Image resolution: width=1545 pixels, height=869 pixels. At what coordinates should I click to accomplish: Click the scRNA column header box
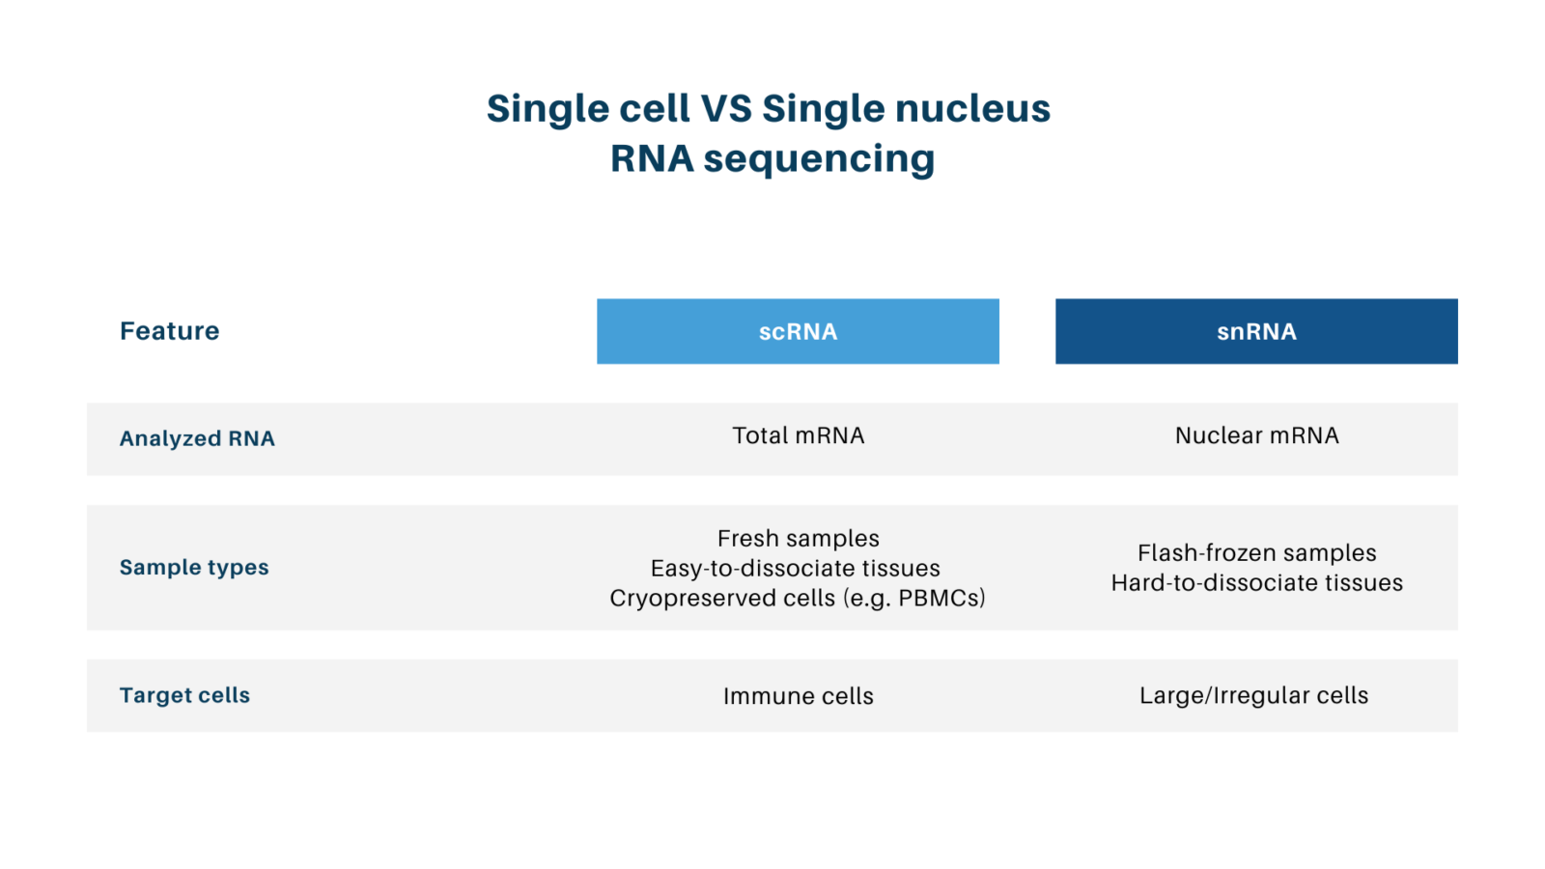(x=798, y=331)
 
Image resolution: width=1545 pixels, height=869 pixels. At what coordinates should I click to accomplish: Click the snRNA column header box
(x=1256, y=331)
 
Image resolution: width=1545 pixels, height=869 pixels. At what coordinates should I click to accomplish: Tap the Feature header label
(x=170, y=331)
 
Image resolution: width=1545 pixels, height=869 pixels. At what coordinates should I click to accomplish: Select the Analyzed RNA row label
(x=197, y=438)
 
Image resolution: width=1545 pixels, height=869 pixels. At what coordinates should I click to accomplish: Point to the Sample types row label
(x=194, y=567)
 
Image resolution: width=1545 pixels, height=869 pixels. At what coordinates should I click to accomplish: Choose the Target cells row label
(x=184, y=695)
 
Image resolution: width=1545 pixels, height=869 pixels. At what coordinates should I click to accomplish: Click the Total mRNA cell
(x=798, y=435)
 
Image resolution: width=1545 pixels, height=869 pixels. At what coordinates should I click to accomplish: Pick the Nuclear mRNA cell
(x=1256, y=435)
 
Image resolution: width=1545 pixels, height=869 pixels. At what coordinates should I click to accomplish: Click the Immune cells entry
(x=798, y=696)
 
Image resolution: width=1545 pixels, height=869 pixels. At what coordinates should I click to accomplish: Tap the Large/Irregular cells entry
(x=1253, y=695)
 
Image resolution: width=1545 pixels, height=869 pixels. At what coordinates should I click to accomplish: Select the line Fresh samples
(x=798, y=538)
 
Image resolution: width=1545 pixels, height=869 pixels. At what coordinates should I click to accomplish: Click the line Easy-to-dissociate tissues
(x=795, y=568)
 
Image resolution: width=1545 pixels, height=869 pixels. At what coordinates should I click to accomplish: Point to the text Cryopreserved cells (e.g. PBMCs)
(x=798, y=598)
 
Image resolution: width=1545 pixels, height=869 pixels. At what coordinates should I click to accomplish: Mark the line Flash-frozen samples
(x=1256, y=552)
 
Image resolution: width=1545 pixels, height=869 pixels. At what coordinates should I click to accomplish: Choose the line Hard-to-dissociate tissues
(x=1256, y=582)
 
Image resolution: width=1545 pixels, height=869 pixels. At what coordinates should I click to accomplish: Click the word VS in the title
(x=726, y=108)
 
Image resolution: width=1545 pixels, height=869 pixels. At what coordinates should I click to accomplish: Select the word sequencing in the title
(x=819, y=159)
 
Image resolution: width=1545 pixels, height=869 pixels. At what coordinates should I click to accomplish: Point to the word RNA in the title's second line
(x=652, y=158)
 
